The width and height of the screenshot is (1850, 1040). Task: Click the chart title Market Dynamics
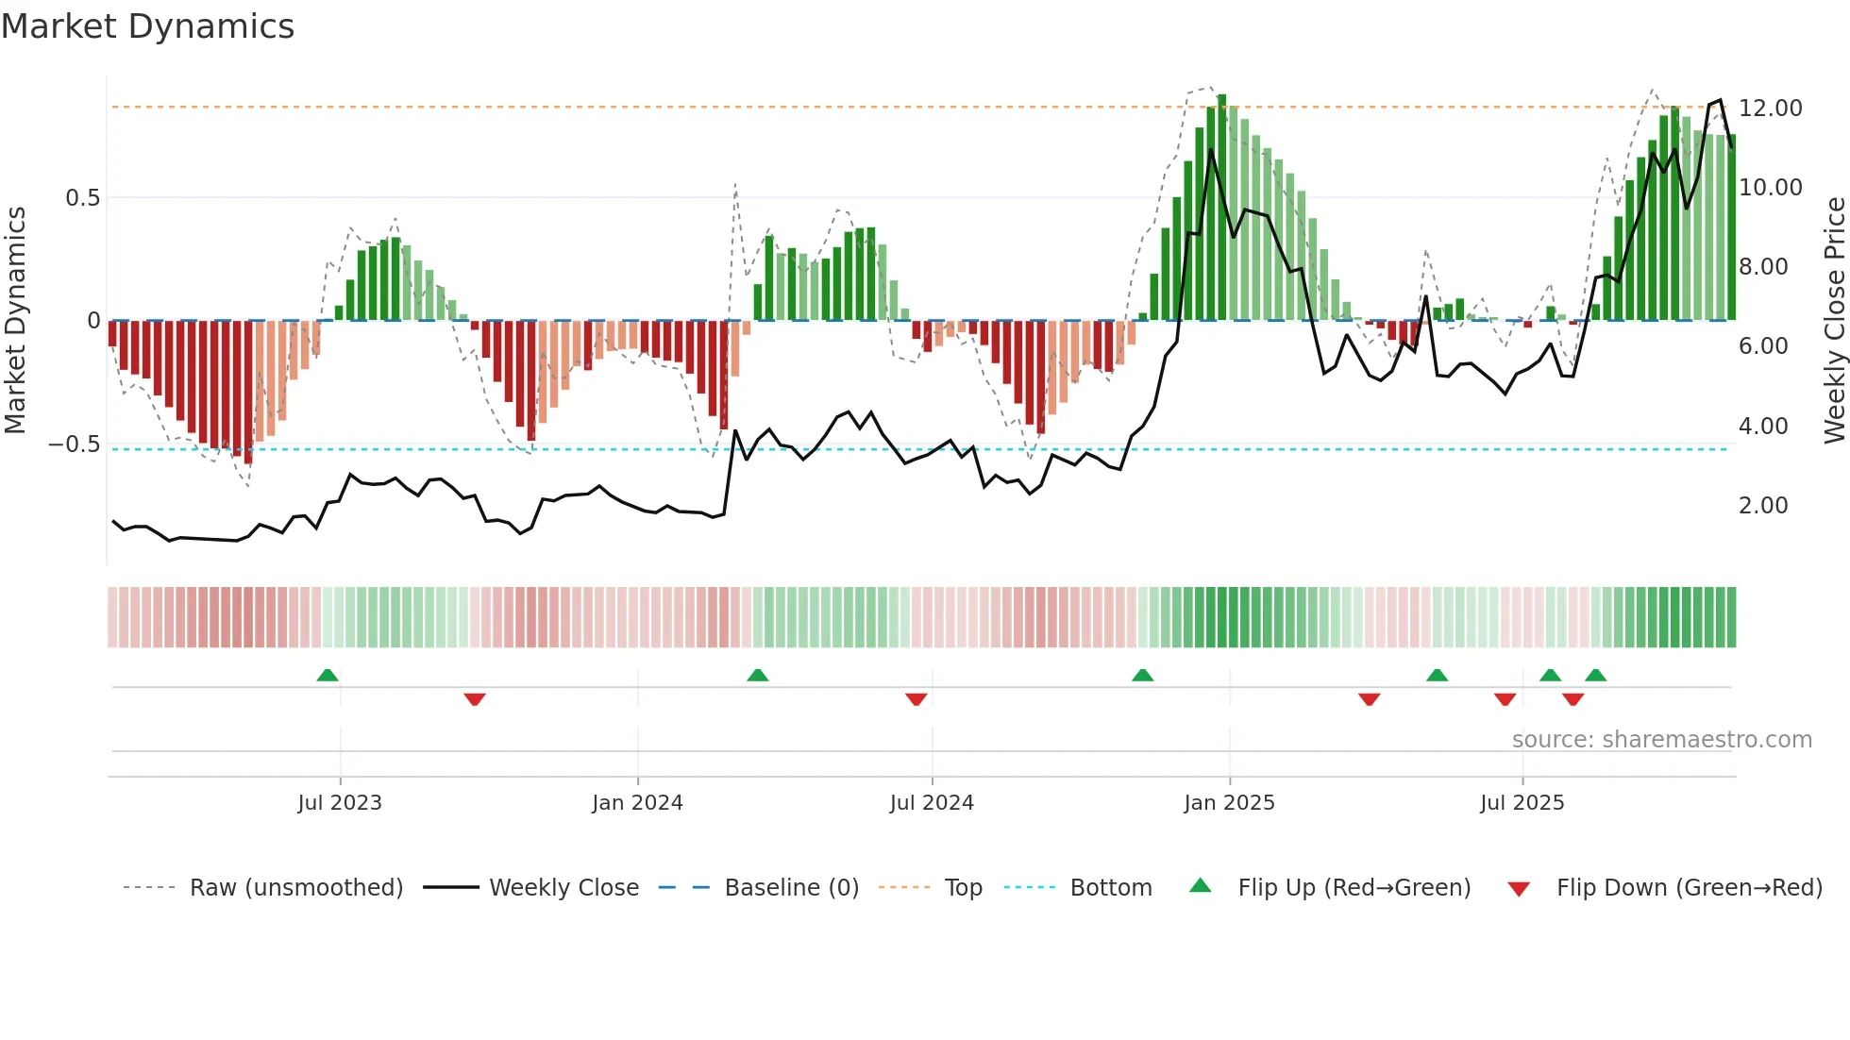pyautogui.click(x=148, y=26)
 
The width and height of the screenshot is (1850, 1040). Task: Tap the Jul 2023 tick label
pyautogui.click(x=340, y=803)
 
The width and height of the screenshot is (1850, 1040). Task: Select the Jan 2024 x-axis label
pyautogui.click(x=637, y=803)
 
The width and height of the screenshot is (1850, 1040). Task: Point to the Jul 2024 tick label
pyautogui.click(x=932, y=803)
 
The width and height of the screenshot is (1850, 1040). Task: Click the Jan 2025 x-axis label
pyautogui.click(x=1229, y=803)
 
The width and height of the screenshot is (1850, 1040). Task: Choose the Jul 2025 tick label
pyautogui.click(x=1522, y=803)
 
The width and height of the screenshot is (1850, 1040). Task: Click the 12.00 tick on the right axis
pyautogui.click(x=1770, y=109)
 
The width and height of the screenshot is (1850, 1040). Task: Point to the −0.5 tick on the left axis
pyautogui.click(x=75, y=445)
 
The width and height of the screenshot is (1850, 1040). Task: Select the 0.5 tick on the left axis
pyautogui.click(x=82, y=198)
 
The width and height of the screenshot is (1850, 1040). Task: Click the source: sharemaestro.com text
pyautogui.click(x=1661, y=740)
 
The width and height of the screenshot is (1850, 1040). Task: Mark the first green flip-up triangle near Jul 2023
pyautogui.click(x=328, y=675)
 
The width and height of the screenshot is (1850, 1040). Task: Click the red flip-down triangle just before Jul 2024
pyautogui.click(x=916, y=699)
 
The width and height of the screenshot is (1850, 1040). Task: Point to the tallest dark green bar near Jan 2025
pyautogui.click(x=1221, y=208)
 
